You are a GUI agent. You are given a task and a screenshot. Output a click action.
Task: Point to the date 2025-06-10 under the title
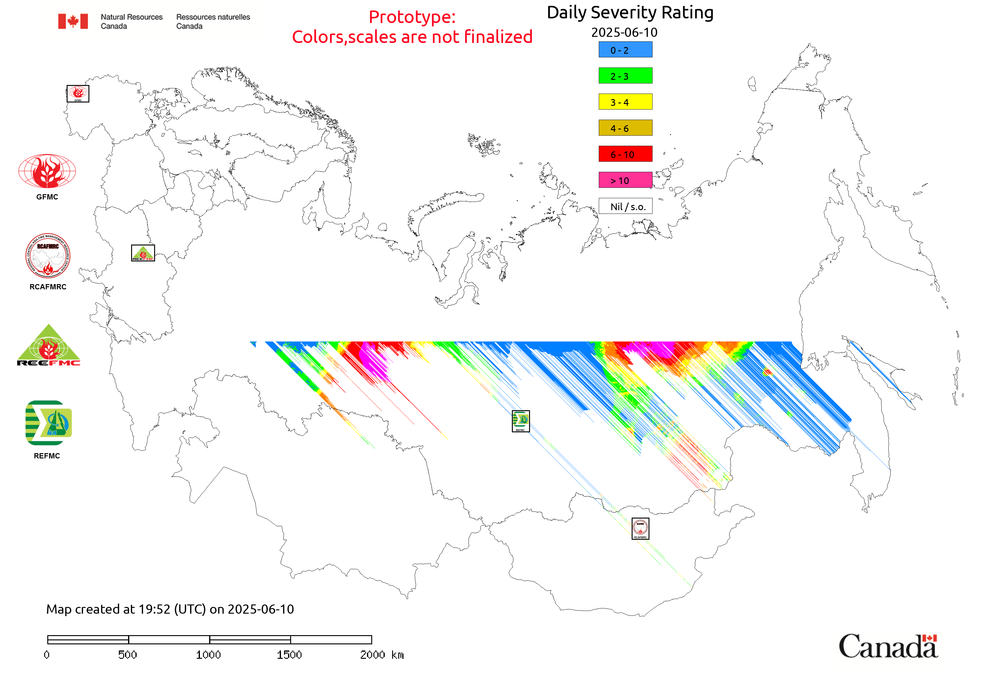(x=624, y=33)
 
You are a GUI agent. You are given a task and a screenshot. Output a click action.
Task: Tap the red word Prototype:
(x=412, y=17)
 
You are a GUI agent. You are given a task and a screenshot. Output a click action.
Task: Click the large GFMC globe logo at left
(x=47, y=171)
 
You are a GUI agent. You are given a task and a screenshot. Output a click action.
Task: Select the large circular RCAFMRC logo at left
(x=48, y=256)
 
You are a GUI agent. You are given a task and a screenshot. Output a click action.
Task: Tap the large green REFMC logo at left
(x=49, y=423)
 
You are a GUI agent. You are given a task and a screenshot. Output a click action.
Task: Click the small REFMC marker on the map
(x=520, y=421)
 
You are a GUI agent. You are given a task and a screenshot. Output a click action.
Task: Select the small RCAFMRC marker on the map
(x=640, y=528)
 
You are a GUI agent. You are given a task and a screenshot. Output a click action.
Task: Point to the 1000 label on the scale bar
(x=208, y=655)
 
